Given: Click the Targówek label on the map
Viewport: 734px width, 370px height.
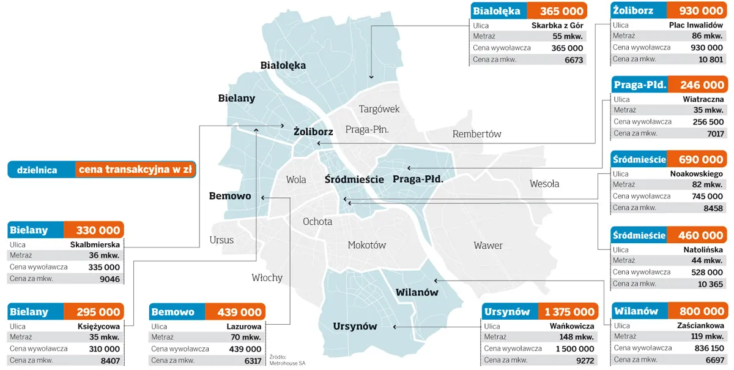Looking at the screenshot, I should click(x=379, y=109).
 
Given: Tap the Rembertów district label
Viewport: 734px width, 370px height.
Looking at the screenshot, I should click(x=476, y=134).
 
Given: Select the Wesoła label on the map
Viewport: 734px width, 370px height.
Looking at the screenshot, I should click(x=544, y=184).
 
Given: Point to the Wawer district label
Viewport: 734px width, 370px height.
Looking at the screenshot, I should click(x=487, y=246).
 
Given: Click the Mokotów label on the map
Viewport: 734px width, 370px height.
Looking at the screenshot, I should click(x=366, y=245).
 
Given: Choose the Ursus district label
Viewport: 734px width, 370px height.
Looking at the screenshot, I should click(x=221, y=240).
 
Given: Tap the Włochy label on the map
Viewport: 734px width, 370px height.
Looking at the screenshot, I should click(x=267, y=277).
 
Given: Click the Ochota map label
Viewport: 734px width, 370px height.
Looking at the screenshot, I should click(x=317, y=222).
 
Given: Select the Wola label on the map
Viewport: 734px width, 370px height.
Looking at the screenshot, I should click(x=296, y=180).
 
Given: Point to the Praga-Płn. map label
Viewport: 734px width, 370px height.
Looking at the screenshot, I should click(x=367, y=130).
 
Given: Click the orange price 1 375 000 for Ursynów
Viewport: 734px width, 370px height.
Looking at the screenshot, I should click(x=569, y=312).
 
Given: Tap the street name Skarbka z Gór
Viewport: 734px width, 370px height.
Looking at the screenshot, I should click(x=557, y=26).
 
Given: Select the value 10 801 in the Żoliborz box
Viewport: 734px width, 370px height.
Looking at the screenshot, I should click(x=711, y=59).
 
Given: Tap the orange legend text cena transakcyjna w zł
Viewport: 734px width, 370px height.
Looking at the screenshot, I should click(x=136, y=170).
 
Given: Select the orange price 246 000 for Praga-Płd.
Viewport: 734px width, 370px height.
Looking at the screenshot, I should click(x=698, y=85).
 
